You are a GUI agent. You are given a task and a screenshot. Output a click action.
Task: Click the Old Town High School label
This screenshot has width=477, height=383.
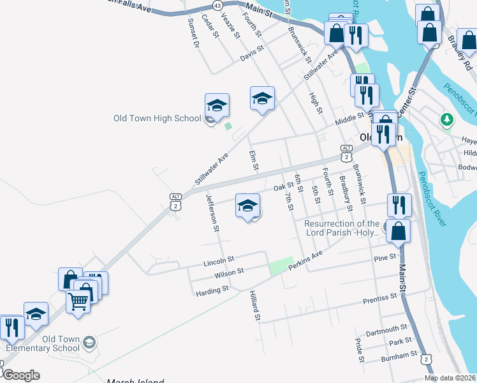pos(157,118)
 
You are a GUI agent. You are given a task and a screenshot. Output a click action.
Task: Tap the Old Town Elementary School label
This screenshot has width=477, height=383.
pos(42,343)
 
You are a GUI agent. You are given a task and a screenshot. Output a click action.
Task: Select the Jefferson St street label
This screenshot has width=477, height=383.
pos(212,213)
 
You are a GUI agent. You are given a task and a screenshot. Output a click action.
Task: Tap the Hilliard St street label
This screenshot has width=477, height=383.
pos(254,304)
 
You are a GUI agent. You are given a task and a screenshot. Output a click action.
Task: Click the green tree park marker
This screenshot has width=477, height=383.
pos(448,119)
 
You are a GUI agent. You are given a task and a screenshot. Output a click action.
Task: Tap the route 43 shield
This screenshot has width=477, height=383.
pos(218,5)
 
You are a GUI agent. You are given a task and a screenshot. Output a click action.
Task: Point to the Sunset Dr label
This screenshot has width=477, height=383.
pos(193,32)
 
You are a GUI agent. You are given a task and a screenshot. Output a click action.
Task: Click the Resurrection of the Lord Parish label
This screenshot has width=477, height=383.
pos(342,229)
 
